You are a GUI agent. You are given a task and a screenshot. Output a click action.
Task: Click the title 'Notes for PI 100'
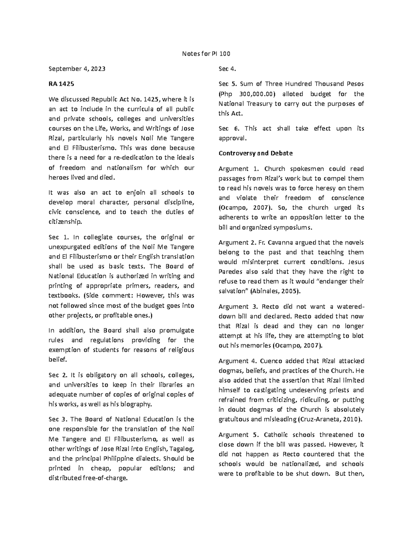pyautogui.click(x=206, y=54)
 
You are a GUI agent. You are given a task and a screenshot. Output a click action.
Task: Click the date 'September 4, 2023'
pyautogui.click(x=77, y=69)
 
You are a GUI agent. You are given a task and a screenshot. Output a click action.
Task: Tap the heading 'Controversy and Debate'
pyautogui.click(x=255, y=153)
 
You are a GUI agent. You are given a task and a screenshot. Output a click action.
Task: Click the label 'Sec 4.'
pyautogui.click(x=227, y=69)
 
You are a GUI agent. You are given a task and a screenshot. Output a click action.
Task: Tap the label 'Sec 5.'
pyautogui.click(x=227, y=84)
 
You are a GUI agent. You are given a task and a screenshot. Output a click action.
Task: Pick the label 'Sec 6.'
pyautogui.click(x=228, y=129)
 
